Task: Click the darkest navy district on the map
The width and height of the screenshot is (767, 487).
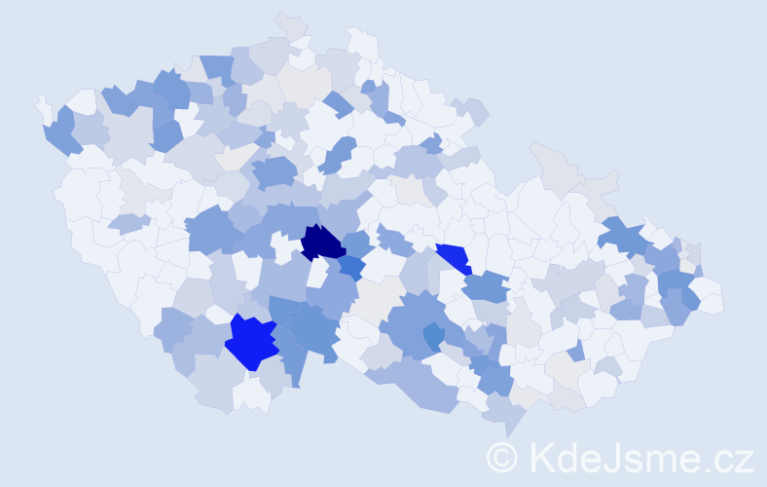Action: [x=322, y=243]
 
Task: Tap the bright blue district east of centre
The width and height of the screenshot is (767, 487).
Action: [x=454, y=257]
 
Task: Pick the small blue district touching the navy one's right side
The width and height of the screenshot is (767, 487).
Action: [x=352, y=266]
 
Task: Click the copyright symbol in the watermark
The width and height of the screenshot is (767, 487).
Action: [x=503, y=457]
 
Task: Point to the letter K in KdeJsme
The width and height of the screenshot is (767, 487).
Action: [x=540, y=457]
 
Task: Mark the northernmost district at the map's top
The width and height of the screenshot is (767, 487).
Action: [x=290, y=24]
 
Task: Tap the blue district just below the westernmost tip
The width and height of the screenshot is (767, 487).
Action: [x=60, y=132]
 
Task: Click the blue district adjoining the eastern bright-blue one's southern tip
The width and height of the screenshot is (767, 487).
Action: [x=485, y=286]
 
